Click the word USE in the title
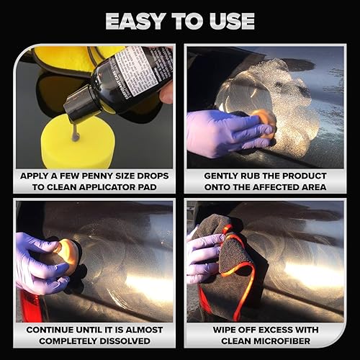(x=230, y=21)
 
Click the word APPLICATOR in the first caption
(x=111, y=187)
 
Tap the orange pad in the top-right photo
(x=266, y=123)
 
